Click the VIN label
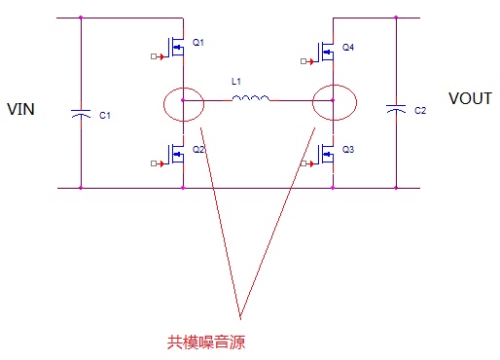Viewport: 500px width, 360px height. [20, 109]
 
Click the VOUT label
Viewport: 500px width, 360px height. [470, 98]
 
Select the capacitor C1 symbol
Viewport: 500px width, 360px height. [81, 114]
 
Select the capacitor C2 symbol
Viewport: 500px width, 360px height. [396, 109]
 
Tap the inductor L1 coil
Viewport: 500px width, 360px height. [251, 98]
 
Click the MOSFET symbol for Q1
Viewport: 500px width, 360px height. [175, 47]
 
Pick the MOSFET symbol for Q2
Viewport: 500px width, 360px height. [175, 154]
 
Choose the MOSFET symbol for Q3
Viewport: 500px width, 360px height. [326, 154]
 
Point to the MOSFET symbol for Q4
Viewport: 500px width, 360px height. [326, 52]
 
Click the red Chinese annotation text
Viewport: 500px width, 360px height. [206, 342]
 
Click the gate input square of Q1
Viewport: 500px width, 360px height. [154, 56]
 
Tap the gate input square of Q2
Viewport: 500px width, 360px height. [154, 163]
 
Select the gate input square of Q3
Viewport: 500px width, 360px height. [304, 163]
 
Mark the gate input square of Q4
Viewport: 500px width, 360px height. [304, 61]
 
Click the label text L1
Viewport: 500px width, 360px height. [236, 81]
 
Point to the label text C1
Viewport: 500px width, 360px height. [105, 115]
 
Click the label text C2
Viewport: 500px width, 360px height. [420, 111]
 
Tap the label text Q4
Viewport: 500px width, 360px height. [348, 48]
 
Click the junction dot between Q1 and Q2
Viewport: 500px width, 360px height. [183, 100]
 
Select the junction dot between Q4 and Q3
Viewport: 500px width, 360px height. [333, 100]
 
